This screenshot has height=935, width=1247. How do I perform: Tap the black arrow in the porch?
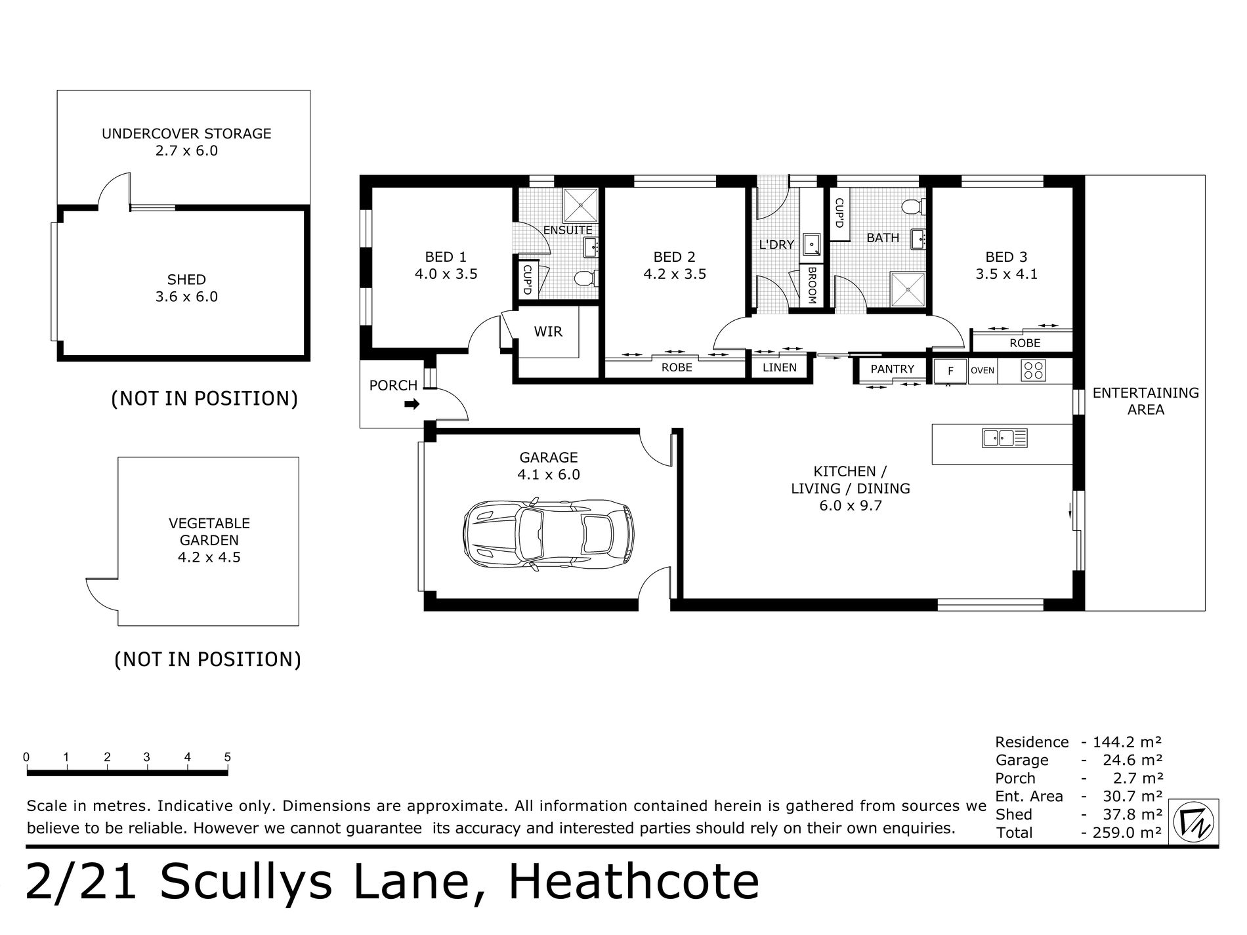coord(412,405)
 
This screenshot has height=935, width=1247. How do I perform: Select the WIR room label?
coord(548,332)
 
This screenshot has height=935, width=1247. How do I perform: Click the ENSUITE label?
coord(568,230)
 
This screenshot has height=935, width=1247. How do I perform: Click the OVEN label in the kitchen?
coord(983,371)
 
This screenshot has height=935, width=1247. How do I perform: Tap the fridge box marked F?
coord(950,371)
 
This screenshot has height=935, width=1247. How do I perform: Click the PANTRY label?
coord(892,369)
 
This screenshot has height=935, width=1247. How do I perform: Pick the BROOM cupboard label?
coord(812,286)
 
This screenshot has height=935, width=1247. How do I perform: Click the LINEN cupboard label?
coord(780,367)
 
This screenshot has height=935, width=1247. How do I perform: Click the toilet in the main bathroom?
coord(912,207)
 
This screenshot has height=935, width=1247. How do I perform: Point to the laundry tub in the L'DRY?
coord(813,244)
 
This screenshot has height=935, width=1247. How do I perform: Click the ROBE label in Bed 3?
coord(1025,343)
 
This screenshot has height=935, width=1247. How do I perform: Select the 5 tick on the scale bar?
coord(228,758)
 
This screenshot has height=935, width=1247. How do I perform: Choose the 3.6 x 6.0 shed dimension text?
coord(186,297)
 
